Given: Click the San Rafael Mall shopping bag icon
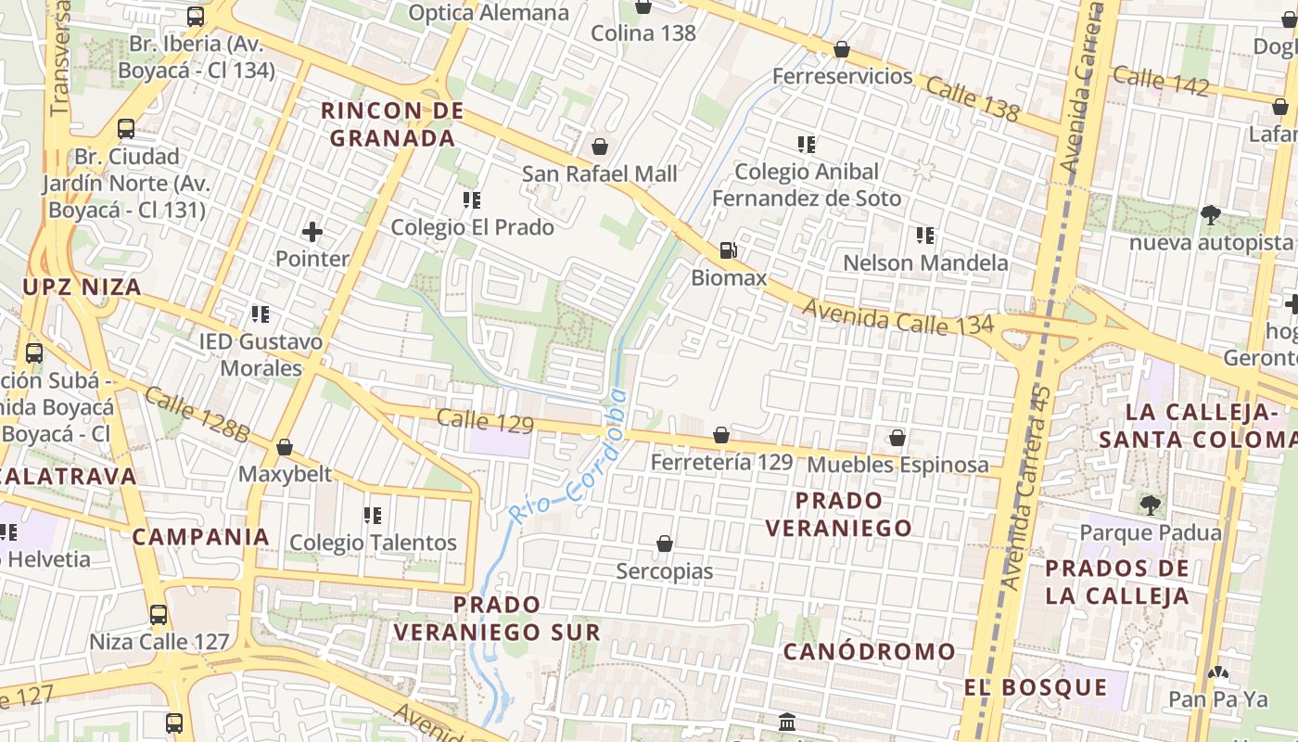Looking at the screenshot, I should click(x=600, y=147).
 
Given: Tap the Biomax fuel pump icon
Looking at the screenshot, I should click(x=729, y=249).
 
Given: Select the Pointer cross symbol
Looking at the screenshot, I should click(x=312, y=231).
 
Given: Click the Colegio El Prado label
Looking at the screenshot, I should click(x=472, y=227).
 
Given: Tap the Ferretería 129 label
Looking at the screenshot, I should click(x=721, y=462).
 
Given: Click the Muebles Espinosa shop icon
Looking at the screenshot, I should click(x=897, y=438).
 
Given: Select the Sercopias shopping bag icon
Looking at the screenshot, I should click(x=665, y=544).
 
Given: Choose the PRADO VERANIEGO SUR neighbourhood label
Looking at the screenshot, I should click(x=497, y=619).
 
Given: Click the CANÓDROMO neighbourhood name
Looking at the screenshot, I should click(x=869, y=652).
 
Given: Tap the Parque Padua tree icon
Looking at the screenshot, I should click(x=1151, y=505).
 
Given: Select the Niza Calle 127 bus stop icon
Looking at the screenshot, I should click(x=159, y=614).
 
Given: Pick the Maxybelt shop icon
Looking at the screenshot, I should click(x=285, y=448).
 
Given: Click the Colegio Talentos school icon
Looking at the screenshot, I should click(x=373, y=516).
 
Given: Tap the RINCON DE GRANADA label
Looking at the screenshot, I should click(x=392, y=124).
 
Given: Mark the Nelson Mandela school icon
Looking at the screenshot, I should click(x=924, y=236).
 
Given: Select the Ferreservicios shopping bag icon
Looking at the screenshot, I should click(x=842, y=49).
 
